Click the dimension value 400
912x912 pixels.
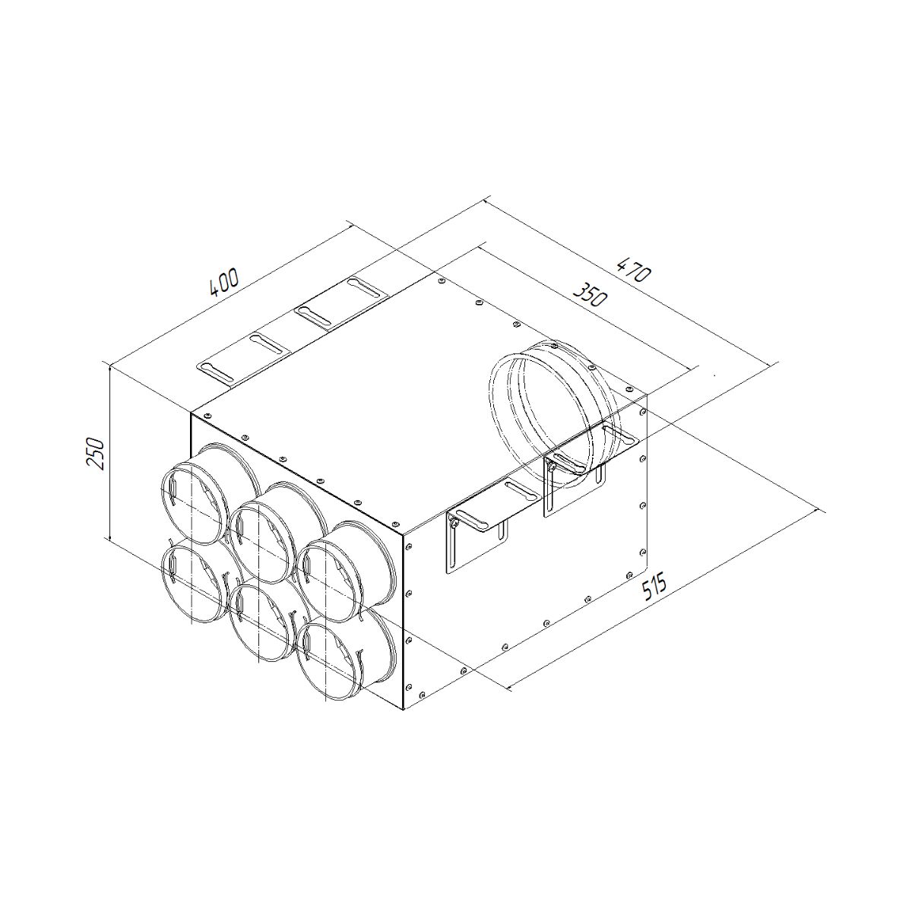click(224, 281)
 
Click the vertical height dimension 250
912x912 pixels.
click(97, 454)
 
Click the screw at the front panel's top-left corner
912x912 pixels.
click(206, 416)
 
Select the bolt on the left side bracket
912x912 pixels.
click(453, 520)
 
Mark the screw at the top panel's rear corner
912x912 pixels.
click(442, 283)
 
